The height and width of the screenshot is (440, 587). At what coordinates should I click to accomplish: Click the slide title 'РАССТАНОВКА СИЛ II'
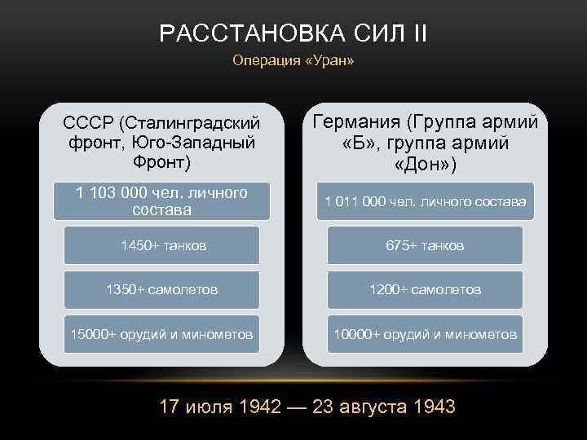point(293,33)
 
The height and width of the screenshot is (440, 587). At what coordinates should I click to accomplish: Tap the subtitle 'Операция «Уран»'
point(293,61)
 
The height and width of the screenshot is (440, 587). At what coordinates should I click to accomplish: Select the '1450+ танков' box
point(162,245)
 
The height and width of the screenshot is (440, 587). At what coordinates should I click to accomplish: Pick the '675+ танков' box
point(425,245)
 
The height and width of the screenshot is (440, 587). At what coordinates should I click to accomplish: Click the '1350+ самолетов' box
point(162,289)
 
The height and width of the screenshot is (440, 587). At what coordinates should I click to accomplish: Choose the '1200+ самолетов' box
point(425,289)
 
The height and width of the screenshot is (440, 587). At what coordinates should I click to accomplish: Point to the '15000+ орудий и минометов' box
point(162,334)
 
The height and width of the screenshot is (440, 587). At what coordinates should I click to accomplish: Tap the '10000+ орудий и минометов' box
point(425,334)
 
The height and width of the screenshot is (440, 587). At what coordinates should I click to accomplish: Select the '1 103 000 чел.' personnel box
point(161,200)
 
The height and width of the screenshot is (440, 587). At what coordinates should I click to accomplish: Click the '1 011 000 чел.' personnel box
point(425,200)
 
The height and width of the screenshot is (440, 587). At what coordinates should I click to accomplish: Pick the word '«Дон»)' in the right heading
point(425,164)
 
